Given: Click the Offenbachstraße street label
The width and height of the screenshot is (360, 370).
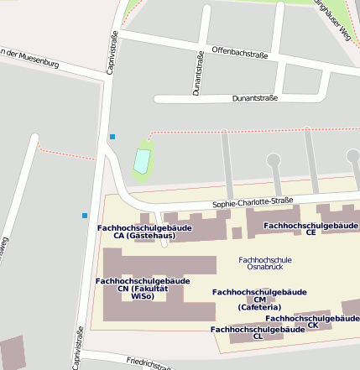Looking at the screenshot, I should pyautogui.click(x=240, y=55).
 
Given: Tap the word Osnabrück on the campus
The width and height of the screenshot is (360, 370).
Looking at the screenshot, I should pyautogui.click(x=265, y=268).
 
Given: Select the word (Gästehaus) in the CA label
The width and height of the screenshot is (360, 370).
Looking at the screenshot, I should pyautogui.click(x=144, y=236).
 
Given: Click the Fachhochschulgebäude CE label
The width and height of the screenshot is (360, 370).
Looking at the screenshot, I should pyautogui.click(x=311, y=228).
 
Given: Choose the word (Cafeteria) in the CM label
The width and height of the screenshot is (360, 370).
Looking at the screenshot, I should pyautogui.click(x=259, y=307).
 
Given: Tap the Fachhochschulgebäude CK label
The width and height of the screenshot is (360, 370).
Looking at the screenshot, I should pyautogui.click(x=312, y=321).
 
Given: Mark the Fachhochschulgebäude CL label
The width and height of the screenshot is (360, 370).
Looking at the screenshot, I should pyautogui.click(x=258, y=333).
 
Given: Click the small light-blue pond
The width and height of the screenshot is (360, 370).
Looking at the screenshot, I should pyautogui.click(x=142, y=159).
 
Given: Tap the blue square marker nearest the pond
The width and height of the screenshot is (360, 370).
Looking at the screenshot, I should pyautogui.click(x=112, y=136).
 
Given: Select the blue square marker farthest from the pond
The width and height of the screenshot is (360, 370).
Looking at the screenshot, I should pyautogui.click(x=85, y=216).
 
